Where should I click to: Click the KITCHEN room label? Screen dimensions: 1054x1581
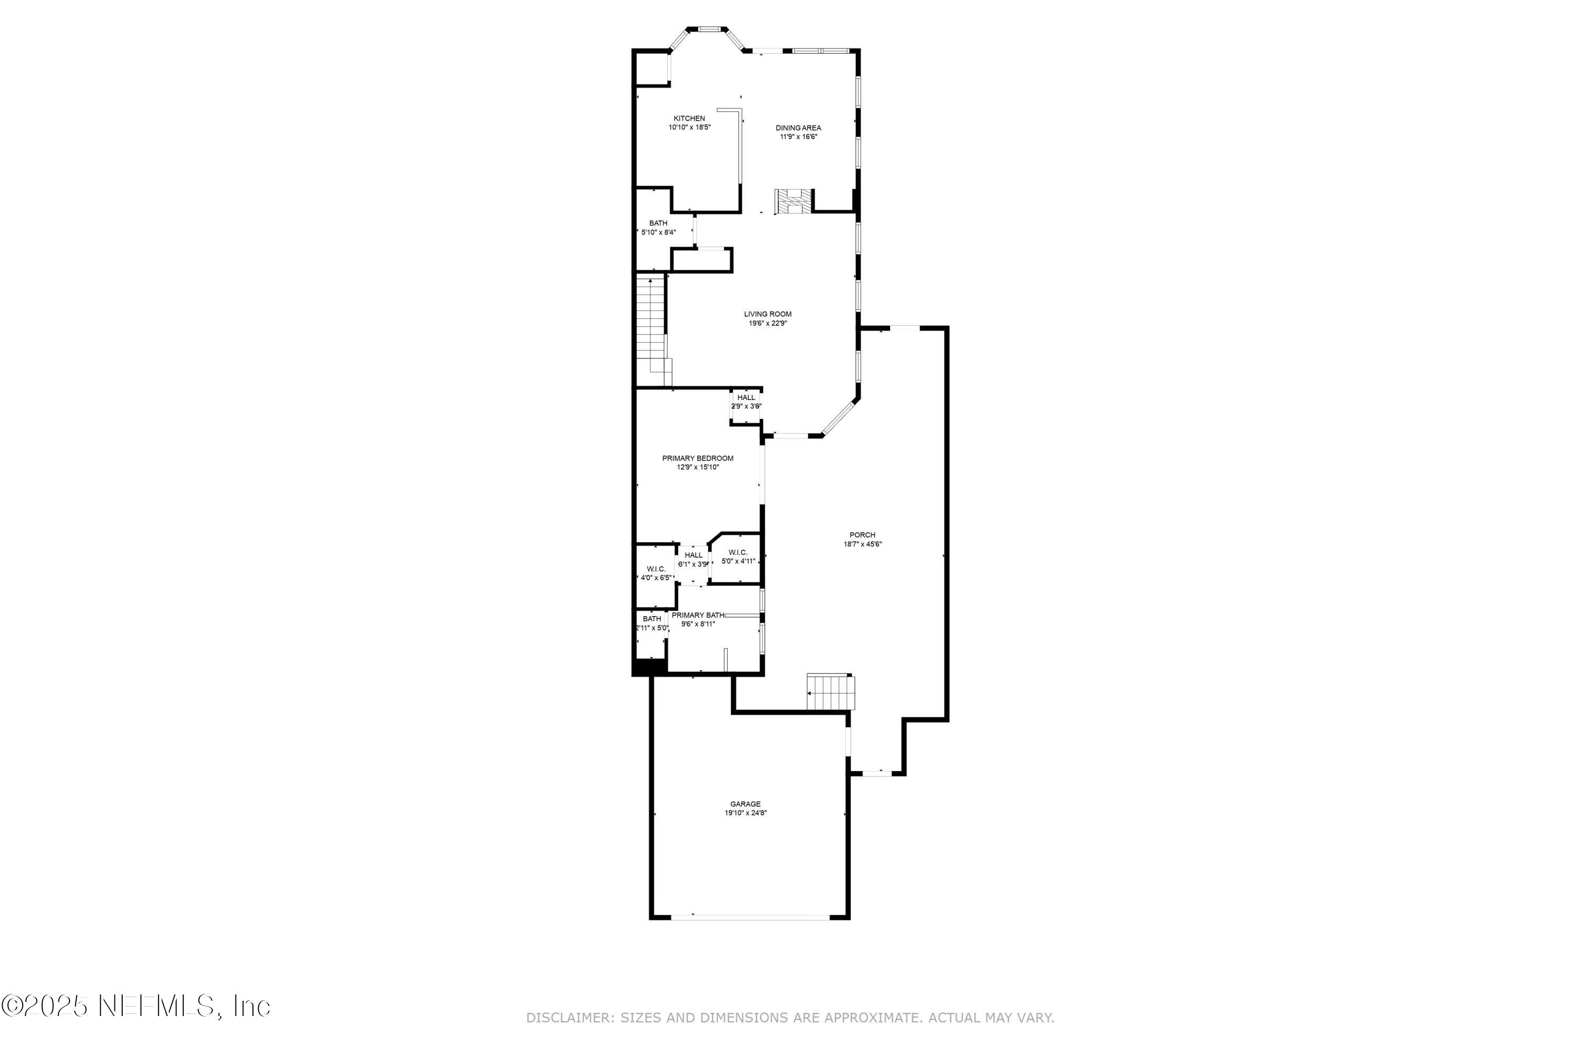pos(689,118)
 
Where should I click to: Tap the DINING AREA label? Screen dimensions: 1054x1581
pos(798,128)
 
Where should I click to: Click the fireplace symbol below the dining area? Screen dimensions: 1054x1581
pos(793,202)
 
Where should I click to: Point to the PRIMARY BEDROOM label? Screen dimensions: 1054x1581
pos(698,458)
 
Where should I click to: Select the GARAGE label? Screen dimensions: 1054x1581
pos(746,804)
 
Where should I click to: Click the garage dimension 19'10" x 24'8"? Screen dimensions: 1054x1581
pos(746,813)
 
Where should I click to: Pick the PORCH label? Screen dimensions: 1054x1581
pos(862,535)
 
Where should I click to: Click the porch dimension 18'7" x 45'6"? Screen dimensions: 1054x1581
pos(862,544)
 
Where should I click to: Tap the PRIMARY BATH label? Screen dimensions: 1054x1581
pos(698,615)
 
